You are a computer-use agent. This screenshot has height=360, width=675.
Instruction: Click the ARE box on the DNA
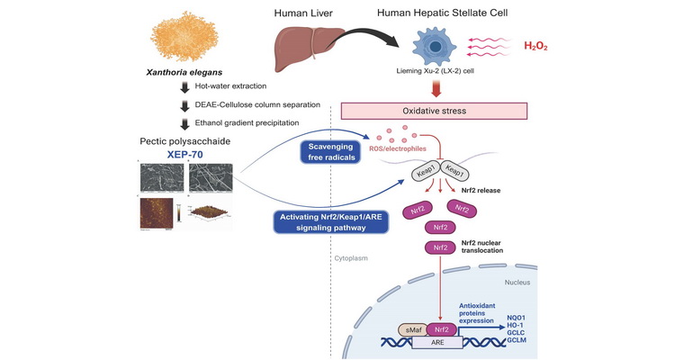(x=436, y=344)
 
